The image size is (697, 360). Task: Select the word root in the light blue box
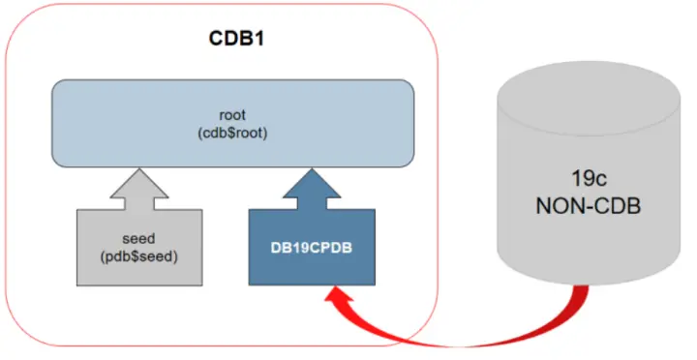(x=233, y=113)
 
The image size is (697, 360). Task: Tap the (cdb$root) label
(x=233, y=132)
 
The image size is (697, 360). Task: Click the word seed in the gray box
(x=139, y=237)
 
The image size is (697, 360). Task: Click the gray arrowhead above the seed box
(x=139, y=181)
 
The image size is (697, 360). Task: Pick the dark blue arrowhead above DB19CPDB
(x=312, y=181)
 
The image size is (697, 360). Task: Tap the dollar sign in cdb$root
(x=233, y=132)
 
